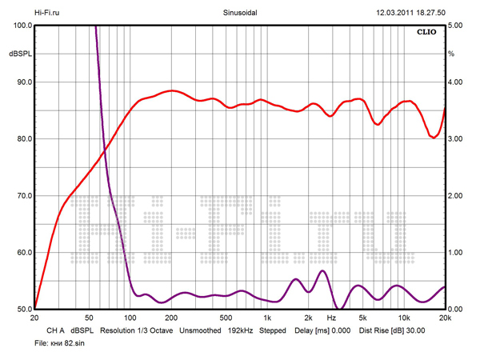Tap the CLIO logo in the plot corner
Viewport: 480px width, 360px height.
[427, 33]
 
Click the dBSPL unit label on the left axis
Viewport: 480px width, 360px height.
[19, 54]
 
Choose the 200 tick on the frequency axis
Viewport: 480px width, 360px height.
[171, 318]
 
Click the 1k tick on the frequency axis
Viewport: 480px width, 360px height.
[266, 318]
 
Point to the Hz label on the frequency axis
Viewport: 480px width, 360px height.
[331, 318]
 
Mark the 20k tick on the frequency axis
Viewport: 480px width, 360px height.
[445, 318]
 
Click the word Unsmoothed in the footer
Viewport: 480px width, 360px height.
[200, 330]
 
